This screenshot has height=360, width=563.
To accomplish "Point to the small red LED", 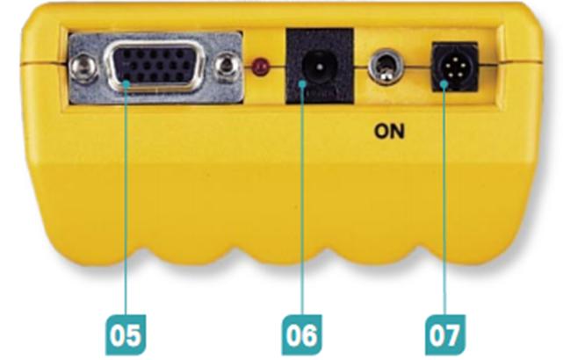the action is (258, 67).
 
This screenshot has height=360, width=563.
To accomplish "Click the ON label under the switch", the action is (389, 133).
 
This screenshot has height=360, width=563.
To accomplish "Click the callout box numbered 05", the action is (126, 335).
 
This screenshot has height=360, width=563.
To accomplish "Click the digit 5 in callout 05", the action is (135, 335).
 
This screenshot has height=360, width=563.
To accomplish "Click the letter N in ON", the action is (397, 133).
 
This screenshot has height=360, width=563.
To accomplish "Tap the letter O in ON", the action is (381, 133).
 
